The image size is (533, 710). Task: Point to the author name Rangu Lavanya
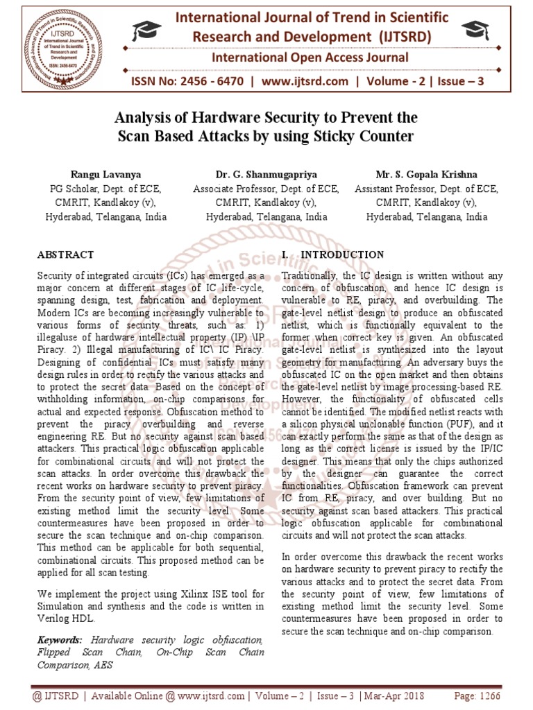pos(105,175)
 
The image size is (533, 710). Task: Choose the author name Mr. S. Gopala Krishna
pos(427,175)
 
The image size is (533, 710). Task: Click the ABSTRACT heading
pos(65,255)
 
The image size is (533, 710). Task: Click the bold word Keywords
pos(60,639)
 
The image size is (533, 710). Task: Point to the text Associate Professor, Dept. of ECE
pos(266,189)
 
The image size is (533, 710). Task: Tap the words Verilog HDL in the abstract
pos(65,618)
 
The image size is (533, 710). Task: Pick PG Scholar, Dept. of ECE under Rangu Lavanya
pos(105,189)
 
